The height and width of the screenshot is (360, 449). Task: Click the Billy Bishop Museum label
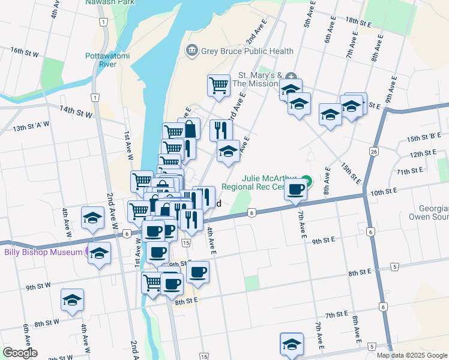[x=43, y=252]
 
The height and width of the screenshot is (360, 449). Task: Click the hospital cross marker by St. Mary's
[x=292, y=76]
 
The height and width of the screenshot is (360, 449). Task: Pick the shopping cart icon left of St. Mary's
[x=218, y=85]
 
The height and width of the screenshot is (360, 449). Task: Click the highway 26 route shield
[x=374, y=152]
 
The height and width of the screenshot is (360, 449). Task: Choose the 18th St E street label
[x=358, y=22]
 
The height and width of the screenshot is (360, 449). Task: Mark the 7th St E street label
[x=337, y=314]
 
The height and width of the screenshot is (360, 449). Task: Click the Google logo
[x=20, y=353]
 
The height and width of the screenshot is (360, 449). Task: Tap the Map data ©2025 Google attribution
[x=411, y=355]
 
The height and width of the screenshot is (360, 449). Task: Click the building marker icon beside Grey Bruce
[x=192, y=50]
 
